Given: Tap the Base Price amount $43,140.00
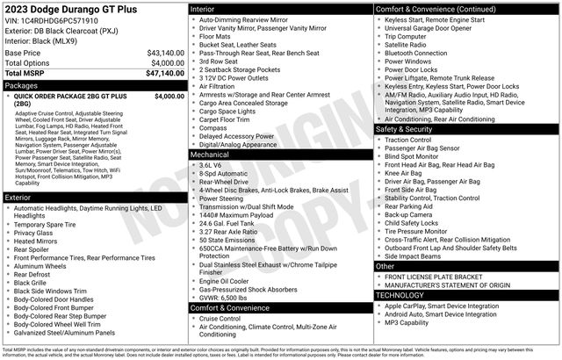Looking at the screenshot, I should point(165,53).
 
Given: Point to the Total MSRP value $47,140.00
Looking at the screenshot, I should point(165,74).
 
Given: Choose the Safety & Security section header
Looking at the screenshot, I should point(407,129).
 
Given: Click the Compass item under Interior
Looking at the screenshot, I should point(214,126).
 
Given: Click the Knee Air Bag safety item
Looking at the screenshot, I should point(405,174).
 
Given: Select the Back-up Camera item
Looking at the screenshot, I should point(408,214).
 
